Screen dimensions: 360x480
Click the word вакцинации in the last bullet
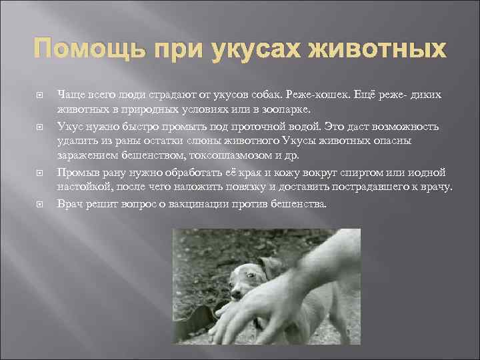[197, 203]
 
